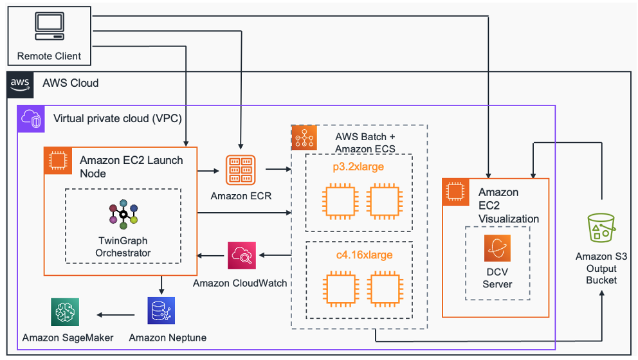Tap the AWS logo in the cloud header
[x=20, y=84]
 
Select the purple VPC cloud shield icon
[x=30, y=119]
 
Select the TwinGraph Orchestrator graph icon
[x=123, y=213]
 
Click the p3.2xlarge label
[x=360, y=166]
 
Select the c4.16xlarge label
[x=360, y=255]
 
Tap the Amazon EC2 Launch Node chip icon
[x=57, y=160]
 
